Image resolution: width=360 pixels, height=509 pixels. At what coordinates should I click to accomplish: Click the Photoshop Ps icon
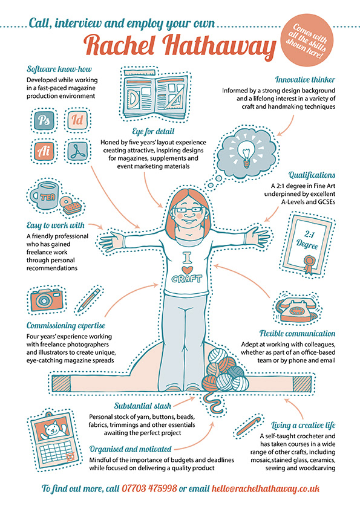click(x=44, y=121)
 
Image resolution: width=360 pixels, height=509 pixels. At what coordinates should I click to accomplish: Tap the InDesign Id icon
click(x=77, y=120)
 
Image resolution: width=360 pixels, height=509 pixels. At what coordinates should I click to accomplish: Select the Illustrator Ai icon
click(x=44, y=151)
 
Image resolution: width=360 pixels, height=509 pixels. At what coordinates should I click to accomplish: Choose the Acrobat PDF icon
click(x=77, y=151)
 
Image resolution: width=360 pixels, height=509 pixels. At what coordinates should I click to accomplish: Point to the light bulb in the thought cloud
click(x=246, y=152)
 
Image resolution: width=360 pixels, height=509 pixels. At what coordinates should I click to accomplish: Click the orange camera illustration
click(x=46, y=299)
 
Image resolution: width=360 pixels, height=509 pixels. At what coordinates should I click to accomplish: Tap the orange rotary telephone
click(x=296, y=309)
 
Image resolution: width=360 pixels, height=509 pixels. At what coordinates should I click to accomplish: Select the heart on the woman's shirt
click(x=187, y=270)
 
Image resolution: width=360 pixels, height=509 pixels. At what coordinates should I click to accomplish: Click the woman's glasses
click(x=186, y=209)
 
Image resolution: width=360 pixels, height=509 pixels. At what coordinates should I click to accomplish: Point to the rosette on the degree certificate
click(x=309, y=262)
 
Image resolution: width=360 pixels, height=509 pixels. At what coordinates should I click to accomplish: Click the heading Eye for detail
click(x=153, y=131)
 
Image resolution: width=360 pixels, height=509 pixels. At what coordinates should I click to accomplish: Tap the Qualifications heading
click(x=312, y=175)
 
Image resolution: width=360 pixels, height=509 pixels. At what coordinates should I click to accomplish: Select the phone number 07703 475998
click(x=149, y=488)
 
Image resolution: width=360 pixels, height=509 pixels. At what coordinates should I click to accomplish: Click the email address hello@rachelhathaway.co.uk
click(x=266, y=488)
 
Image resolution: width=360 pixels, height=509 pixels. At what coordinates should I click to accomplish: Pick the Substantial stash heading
click(x=142, y=406)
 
